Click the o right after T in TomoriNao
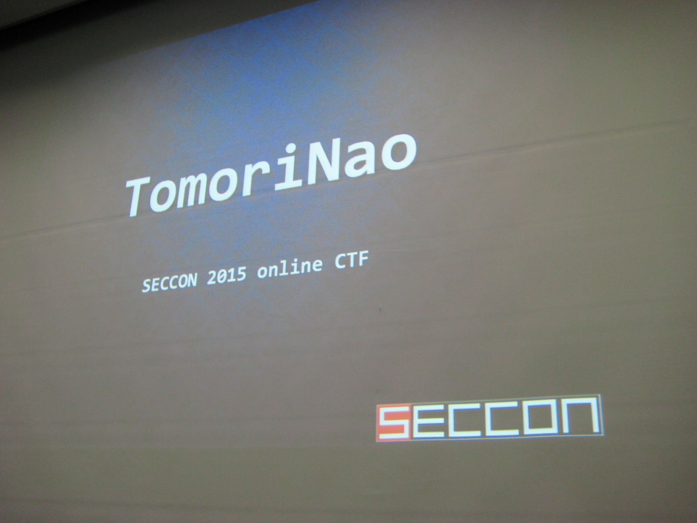167,195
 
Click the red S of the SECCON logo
393,422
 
